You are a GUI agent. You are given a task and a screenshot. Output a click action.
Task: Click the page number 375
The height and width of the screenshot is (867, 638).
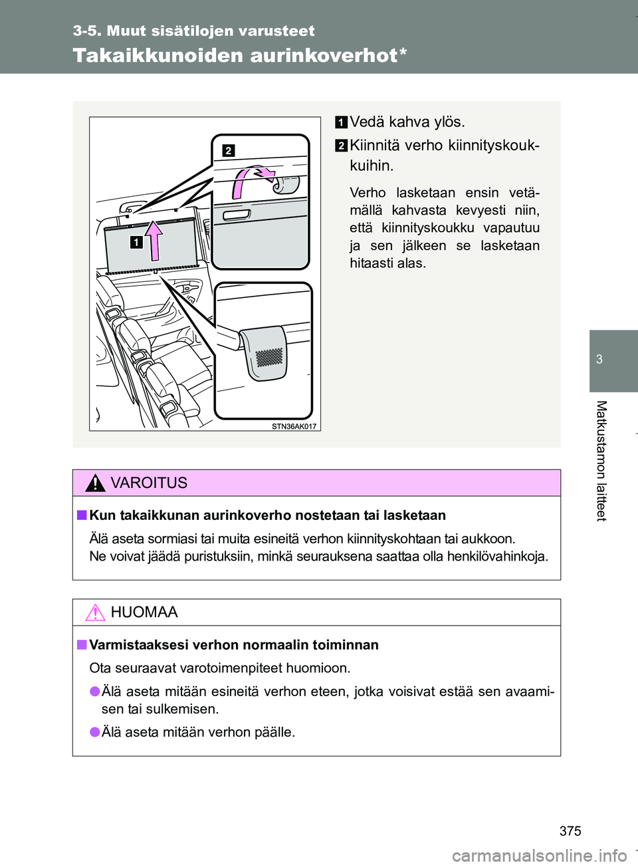pos(570,830)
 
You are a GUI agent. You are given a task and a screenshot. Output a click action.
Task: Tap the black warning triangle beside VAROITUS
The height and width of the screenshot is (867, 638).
pos(95,483)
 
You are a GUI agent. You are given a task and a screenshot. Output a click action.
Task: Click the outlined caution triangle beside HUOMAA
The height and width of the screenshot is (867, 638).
pos(95,612)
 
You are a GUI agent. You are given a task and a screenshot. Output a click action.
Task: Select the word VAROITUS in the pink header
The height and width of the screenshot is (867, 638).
pos(149,483)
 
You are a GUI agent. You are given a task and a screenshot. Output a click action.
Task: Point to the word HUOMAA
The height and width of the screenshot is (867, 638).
pos(144,612)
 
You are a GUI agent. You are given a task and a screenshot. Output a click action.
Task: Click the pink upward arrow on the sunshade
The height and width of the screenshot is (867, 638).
pos(154,240)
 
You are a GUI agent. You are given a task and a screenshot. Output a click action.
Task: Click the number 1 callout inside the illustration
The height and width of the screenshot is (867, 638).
pos(136,242)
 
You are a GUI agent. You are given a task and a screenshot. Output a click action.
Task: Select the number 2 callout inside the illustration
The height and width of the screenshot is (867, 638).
pos(228,151)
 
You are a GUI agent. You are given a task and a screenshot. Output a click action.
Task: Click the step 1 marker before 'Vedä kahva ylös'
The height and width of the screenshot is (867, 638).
pos(341,122)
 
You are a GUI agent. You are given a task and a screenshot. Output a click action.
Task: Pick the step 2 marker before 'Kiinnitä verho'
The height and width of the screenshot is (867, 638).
pos(341,146)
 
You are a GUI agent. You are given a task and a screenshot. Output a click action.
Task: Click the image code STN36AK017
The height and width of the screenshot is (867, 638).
pos(294,426)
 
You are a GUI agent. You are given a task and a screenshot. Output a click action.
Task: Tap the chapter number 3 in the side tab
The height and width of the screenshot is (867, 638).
pos(599,360)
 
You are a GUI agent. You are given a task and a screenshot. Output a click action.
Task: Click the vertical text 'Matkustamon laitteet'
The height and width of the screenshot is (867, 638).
pos(601,461)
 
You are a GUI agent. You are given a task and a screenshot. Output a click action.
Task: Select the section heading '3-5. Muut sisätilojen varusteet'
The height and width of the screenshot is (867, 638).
pos(194,31)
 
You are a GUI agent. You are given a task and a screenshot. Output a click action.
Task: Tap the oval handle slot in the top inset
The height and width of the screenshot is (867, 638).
pos(237,215)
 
